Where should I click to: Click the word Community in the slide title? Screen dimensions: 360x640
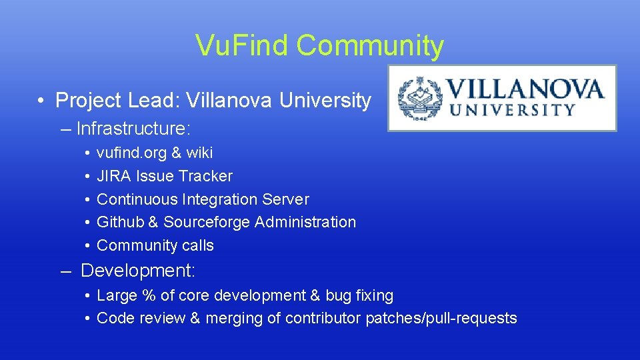(370, 46)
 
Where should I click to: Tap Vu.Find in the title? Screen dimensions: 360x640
(242, 46)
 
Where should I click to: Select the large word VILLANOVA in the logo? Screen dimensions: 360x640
(525, 89)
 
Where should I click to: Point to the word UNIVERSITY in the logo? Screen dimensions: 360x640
(513, 111)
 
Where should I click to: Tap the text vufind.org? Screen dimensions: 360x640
(131, 153)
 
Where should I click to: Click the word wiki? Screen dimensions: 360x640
(199, 153)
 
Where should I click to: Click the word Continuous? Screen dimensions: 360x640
(135, 199)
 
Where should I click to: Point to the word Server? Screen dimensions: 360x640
(287, 199)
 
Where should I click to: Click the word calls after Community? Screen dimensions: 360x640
(197, 245)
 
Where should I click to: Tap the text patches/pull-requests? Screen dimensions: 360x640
(441, 319)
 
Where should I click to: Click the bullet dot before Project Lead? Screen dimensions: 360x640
(41, 101)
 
